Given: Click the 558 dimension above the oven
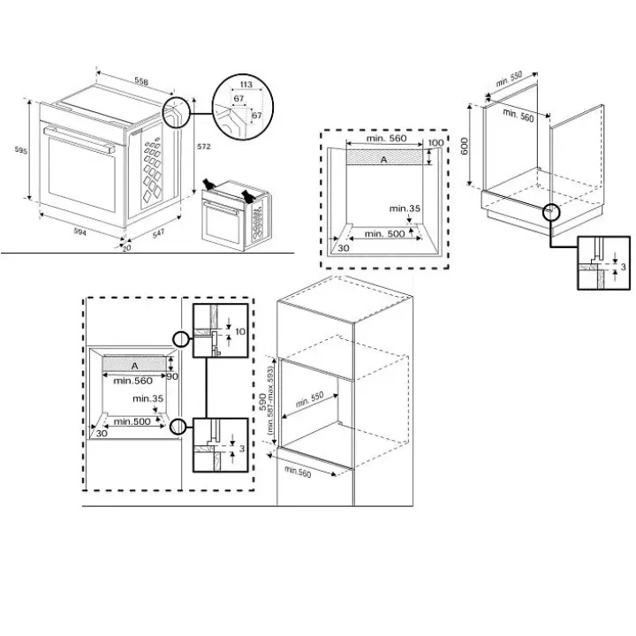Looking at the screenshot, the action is tap(141, 81).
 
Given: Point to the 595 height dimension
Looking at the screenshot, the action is tap(21, 150).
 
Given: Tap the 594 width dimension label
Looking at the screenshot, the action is tap(79, 231).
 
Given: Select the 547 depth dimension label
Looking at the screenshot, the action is tap(158, 233).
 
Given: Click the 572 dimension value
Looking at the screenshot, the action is tap(204, 147).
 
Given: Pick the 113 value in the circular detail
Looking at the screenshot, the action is tap(246, 85).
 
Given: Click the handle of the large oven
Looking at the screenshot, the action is tap(79, 140).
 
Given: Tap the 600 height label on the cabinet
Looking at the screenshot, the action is tap(464, 146).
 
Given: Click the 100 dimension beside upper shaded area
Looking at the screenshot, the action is tap(435, 143).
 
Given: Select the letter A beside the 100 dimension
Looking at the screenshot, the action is tap(383, 160).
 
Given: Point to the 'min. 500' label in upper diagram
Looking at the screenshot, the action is tap(384, 233).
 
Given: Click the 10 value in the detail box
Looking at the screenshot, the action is tap(240, 331).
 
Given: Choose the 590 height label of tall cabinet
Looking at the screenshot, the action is tap(262, 401).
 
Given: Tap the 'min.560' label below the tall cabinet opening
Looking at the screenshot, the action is tap(298, 472).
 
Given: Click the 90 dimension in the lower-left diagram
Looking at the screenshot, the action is tap(172, 376).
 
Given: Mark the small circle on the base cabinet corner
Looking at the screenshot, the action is tap(551, 211).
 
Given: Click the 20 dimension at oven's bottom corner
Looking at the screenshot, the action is tap(127, 248).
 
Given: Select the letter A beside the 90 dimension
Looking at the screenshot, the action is tap(134, 366).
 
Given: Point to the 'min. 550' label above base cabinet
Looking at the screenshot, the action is tap(509, 79).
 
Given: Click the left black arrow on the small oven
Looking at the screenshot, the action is tap(209, 185).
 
